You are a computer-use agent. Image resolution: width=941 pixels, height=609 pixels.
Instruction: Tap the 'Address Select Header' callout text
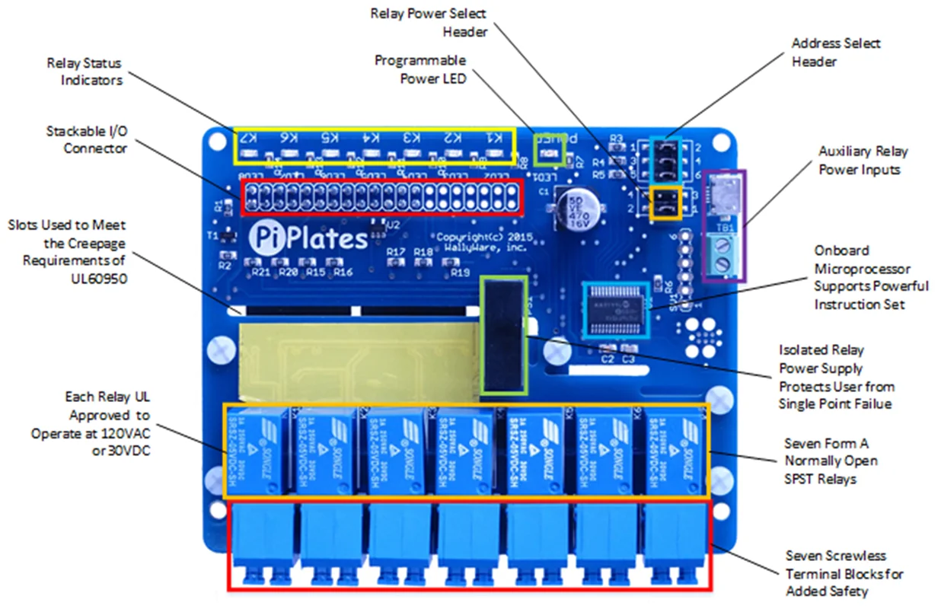click(835, 52)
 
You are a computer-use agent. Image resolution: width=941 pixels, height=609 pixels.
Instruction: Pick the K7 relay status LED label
click(248, 139)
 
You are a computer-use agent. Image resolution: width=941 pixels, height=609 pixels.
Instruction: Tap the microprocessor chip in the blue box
click(616, 309)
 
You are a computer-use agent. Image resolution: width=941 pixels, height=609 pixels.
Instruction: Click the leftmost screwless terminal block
click(260, 543)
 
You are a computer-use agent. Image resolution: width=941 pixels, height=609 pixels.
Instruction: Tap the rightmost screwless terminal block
click(675, 543)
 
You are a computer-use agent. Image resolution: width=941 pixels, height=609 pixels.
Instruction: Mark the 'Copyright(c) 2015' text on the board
click(480, 237)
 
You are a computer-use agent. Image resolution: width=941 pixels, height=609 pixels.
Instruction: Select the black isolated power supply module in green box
click(503, 335)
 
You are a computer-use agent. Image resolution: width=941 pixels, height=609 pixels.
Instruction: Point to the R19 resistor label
click(460, 272)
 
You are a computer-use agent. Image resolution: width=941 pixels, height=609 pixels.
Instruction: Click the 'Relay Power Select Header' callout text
click(427, 22)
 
